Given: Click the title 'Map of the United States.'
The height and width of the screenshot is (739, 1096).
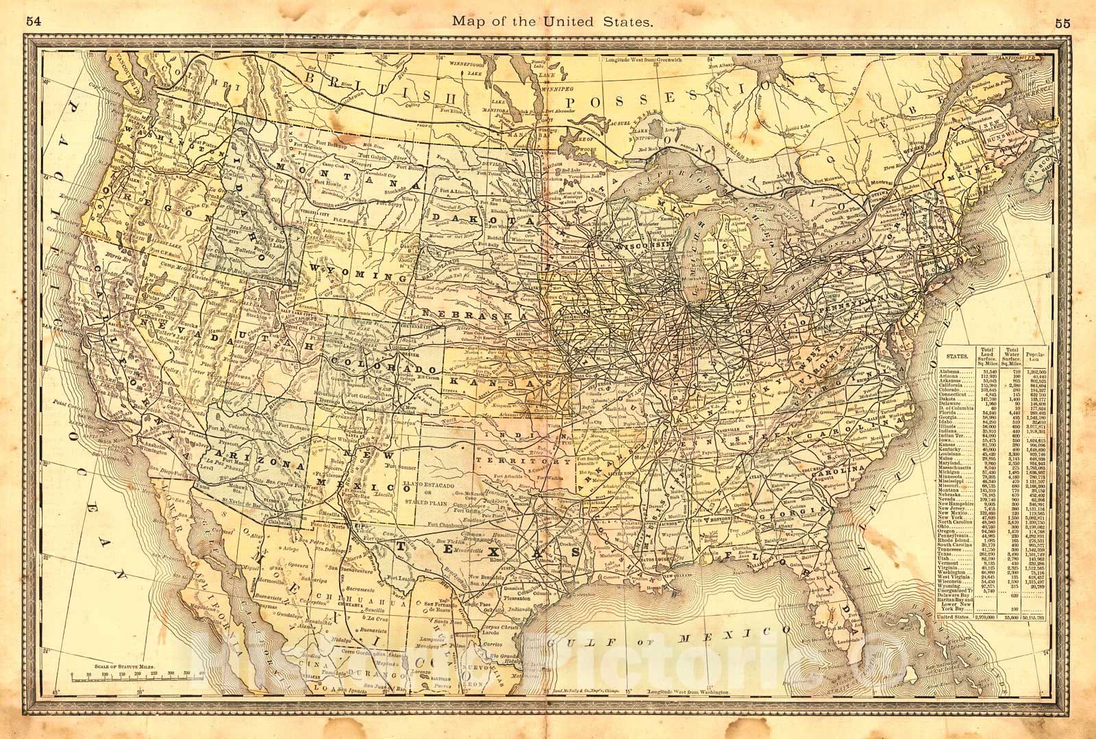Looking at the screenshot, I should tap(550, 22).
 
